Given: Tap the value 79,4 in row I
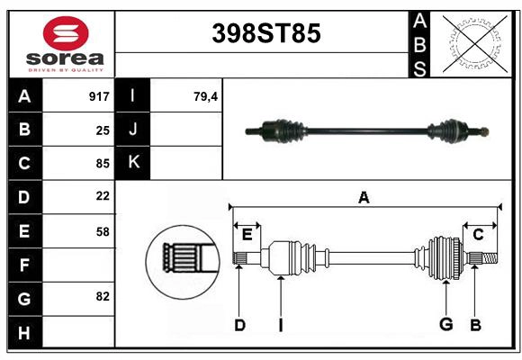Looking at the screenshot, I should pyautogui.click(x=206, y=96).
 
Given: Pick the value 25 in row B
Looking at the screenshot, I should pyautogui.click(x=102, y=130).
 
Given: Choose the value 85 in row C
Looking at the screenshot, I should pyautogui.click(x=102, y=164).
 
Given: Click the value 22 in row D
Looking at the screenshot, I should pyautogui.click(x=102, y=196).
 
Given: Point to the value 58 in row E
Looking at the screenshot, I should pyautogui.click(x=102, y=231).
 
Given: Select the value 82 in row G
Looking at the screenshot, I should pyautogui.click(x=102, y=296).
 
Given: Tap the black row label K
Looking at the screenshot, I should pyautogui.click(x=133, y=163).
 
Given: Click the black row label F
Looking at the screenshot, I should pyautogui.click(x=24, y=265).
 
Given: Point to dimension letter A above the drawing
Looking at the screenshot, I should pyautogui.click(x=364, y=197).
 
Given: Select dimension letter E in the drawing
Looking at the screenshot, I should pyautogui.click(x=247, y=235).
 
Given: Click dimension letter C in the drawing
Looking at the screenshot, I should pyautogui.click(x=478, y=235).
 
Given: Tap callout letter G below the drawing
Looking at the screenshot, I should pyautogui.click(x=445, y=325).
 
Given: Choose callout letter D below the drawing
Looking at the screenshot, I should pyautogui.click(x=239, y=325).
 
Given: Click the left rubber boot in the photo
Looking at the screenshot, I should pyautogui.click(x=287, y=131).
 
